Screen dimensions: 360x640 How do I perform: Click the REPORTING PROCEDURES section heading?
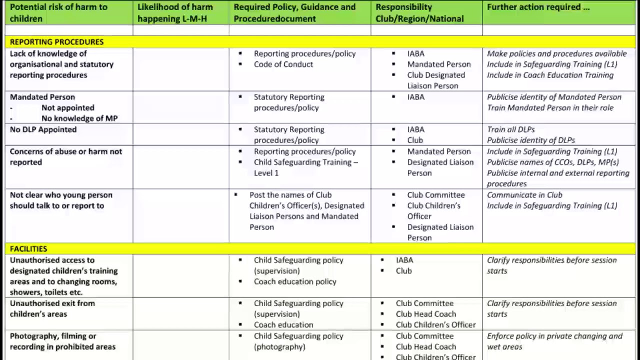pos(56,42)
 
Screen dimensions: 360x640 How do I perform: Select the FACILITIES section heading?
pos(28,249)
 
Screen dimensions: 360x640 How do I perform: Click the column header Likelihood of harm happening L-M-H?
pos(175,13)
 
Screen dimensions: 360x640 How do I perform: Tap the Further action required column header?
pos(538,7)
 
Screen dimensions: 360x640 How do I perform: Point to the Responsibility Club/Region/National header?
pos(419,13)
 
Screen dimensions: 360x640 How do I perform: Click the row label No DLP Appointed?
pos(43,129)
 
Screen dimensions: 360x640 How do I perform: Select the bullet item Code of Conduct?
pos(283,64)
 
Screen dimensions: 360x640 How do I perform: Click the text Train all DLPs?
pos(510,129)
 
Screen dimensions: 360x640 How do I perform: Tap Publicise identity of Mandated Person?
pos(554,97)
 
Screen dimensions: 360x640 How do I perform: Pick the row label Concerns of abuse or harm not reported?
pos(65,156)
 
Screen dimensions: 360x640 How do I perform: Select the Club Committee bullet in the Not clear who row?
pos(435,195)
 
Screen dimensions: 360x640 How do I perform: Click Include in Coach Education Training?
pos(550,75)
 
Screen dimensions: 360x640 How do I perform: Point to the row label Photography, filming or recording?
pos(62,341)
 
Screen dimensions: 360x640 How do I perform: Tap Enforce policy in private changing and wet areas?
pos(554,341)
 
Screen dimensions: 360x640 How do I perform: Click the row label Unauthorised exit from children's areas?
pos(52,308)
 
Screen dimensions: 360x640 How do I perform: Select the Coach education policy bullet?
pos(294,281)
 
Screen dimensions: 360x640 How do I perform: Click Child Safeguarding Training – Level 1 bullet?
pos(305,167)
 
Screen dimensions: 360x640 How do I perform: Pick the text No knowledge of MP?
pos(79,118)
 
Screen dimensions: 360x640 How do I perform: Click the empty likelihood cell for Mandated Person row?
pos(180,107)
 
